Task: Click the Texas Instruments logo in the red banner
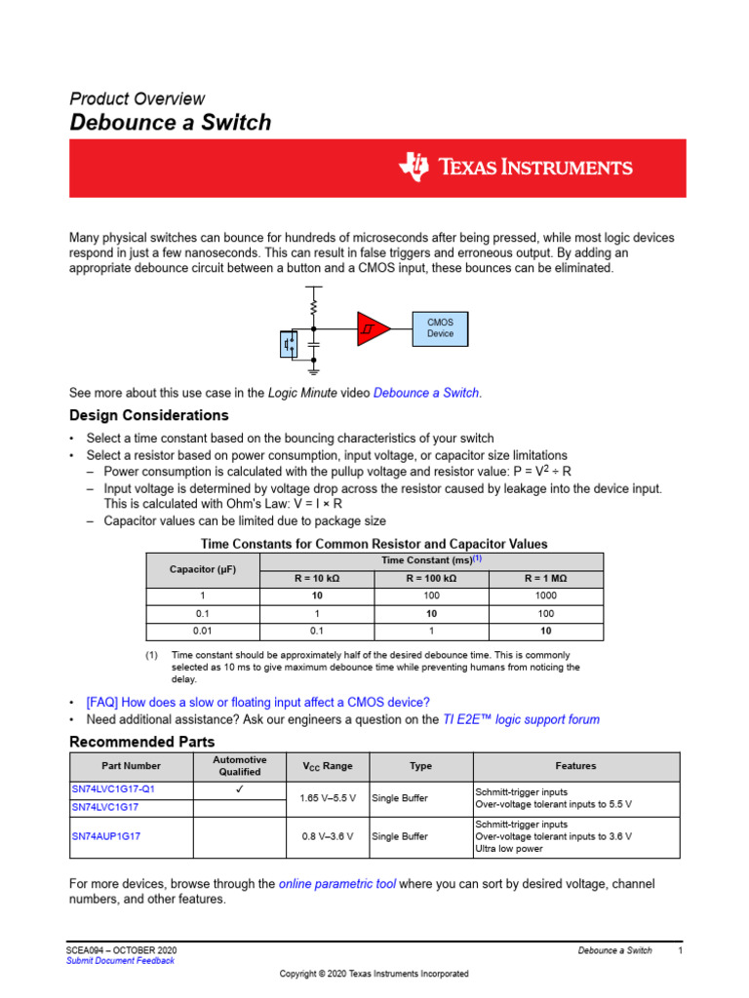click(515, 168)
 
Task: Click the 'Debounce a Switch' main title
click(170, 123)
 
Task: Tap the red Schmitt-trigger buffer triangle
click(372, 328)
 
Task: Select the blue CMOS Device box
click(440, 327)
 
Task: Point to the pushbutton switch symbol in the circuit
click(290, 344)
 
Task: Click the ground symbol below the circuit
click(313, 369)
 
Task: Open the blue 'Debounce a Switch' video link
click(426, 393)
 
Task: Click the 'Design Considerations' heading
click(148, 415)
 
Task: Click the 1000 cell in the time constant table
click(545, 595)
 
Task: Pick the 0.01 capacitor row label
click(203, 631)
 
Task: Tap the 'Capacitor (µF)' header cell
click(203, 569)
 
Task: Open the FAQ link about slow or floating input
click(257, 702)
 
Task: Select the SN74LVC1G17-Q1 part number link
click(113, 788)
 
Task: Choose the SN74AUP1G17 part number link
click(106, 836)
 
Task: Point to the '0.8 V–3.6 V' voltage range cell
click(329, 836)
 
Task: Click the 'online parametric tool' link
click(337, 884)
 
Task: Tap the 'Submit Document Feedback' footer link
click(120, 961)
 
